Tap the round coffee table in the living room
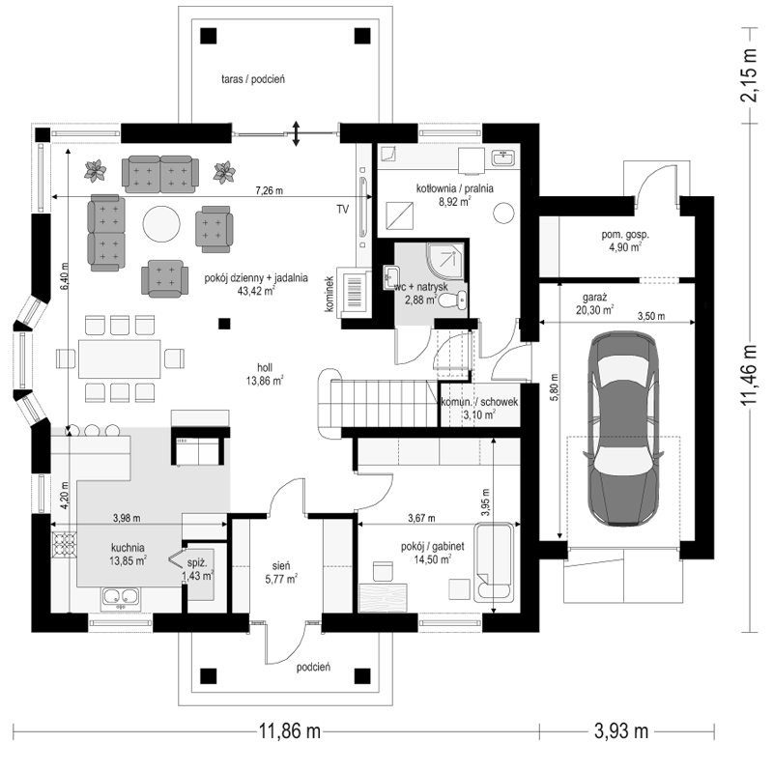click(x=161, y=224)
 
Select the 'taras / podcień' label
click(x=253, y=79)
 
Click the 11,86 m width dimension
click(x=290, y=730)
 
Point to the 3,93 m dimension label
click(x=621, y=730)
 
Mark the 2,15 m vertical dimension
click(x=749, y=75)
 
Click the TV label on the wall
click(x=343, y=209)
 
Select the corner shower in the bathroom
click(x=445, y=260)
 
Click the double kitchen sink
click(x=121, y=596)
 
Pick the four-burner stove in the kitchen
click(x=64, y=544)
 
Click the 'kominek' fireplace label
click(x=329, y=294)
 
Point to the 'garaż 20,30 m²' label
click(x=594, y=303)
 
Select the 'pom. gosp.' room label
click(x=625, y=235)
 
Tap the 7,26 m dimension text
click(x=270, y=190)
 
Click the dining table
click(x=119, y=358)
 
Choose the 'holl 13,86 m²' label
click(x=265, y=374)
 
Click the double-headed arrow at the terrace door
click(x=296, y=133)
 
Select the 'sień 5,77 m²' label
click(x=281, y=572)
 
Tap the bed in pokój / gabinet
click(x=493, y=562)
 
